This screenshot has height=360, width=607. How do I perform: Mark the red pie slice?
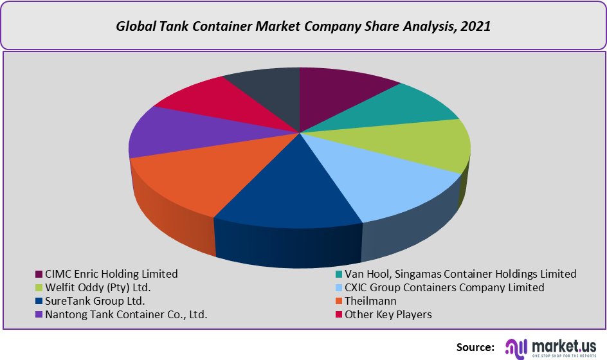click(206, 103)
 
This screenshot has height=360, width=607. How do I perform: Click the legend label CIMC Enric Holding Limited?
click(111, 274)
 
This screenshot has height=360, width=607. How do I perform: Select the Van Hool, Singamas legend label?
click(460, 274)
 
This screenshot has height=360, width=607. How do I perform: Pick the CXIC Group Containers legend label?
click(444, 287)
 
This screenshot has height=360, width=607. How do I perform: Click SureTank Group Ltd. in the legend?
click(95, 301)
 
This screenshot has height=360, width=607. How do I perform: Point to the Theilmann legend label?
click(370, 301)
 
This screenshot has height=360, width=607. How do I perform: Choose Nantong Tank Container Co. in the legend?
click(125, 314)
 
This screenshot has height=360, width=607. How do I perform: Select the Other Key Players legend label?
click(388, 314)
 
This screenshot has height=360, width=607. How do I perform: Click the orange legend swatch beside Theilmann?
click(338, 301)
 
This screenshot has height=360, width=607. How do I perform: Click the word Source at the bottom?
click(475, 346)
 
